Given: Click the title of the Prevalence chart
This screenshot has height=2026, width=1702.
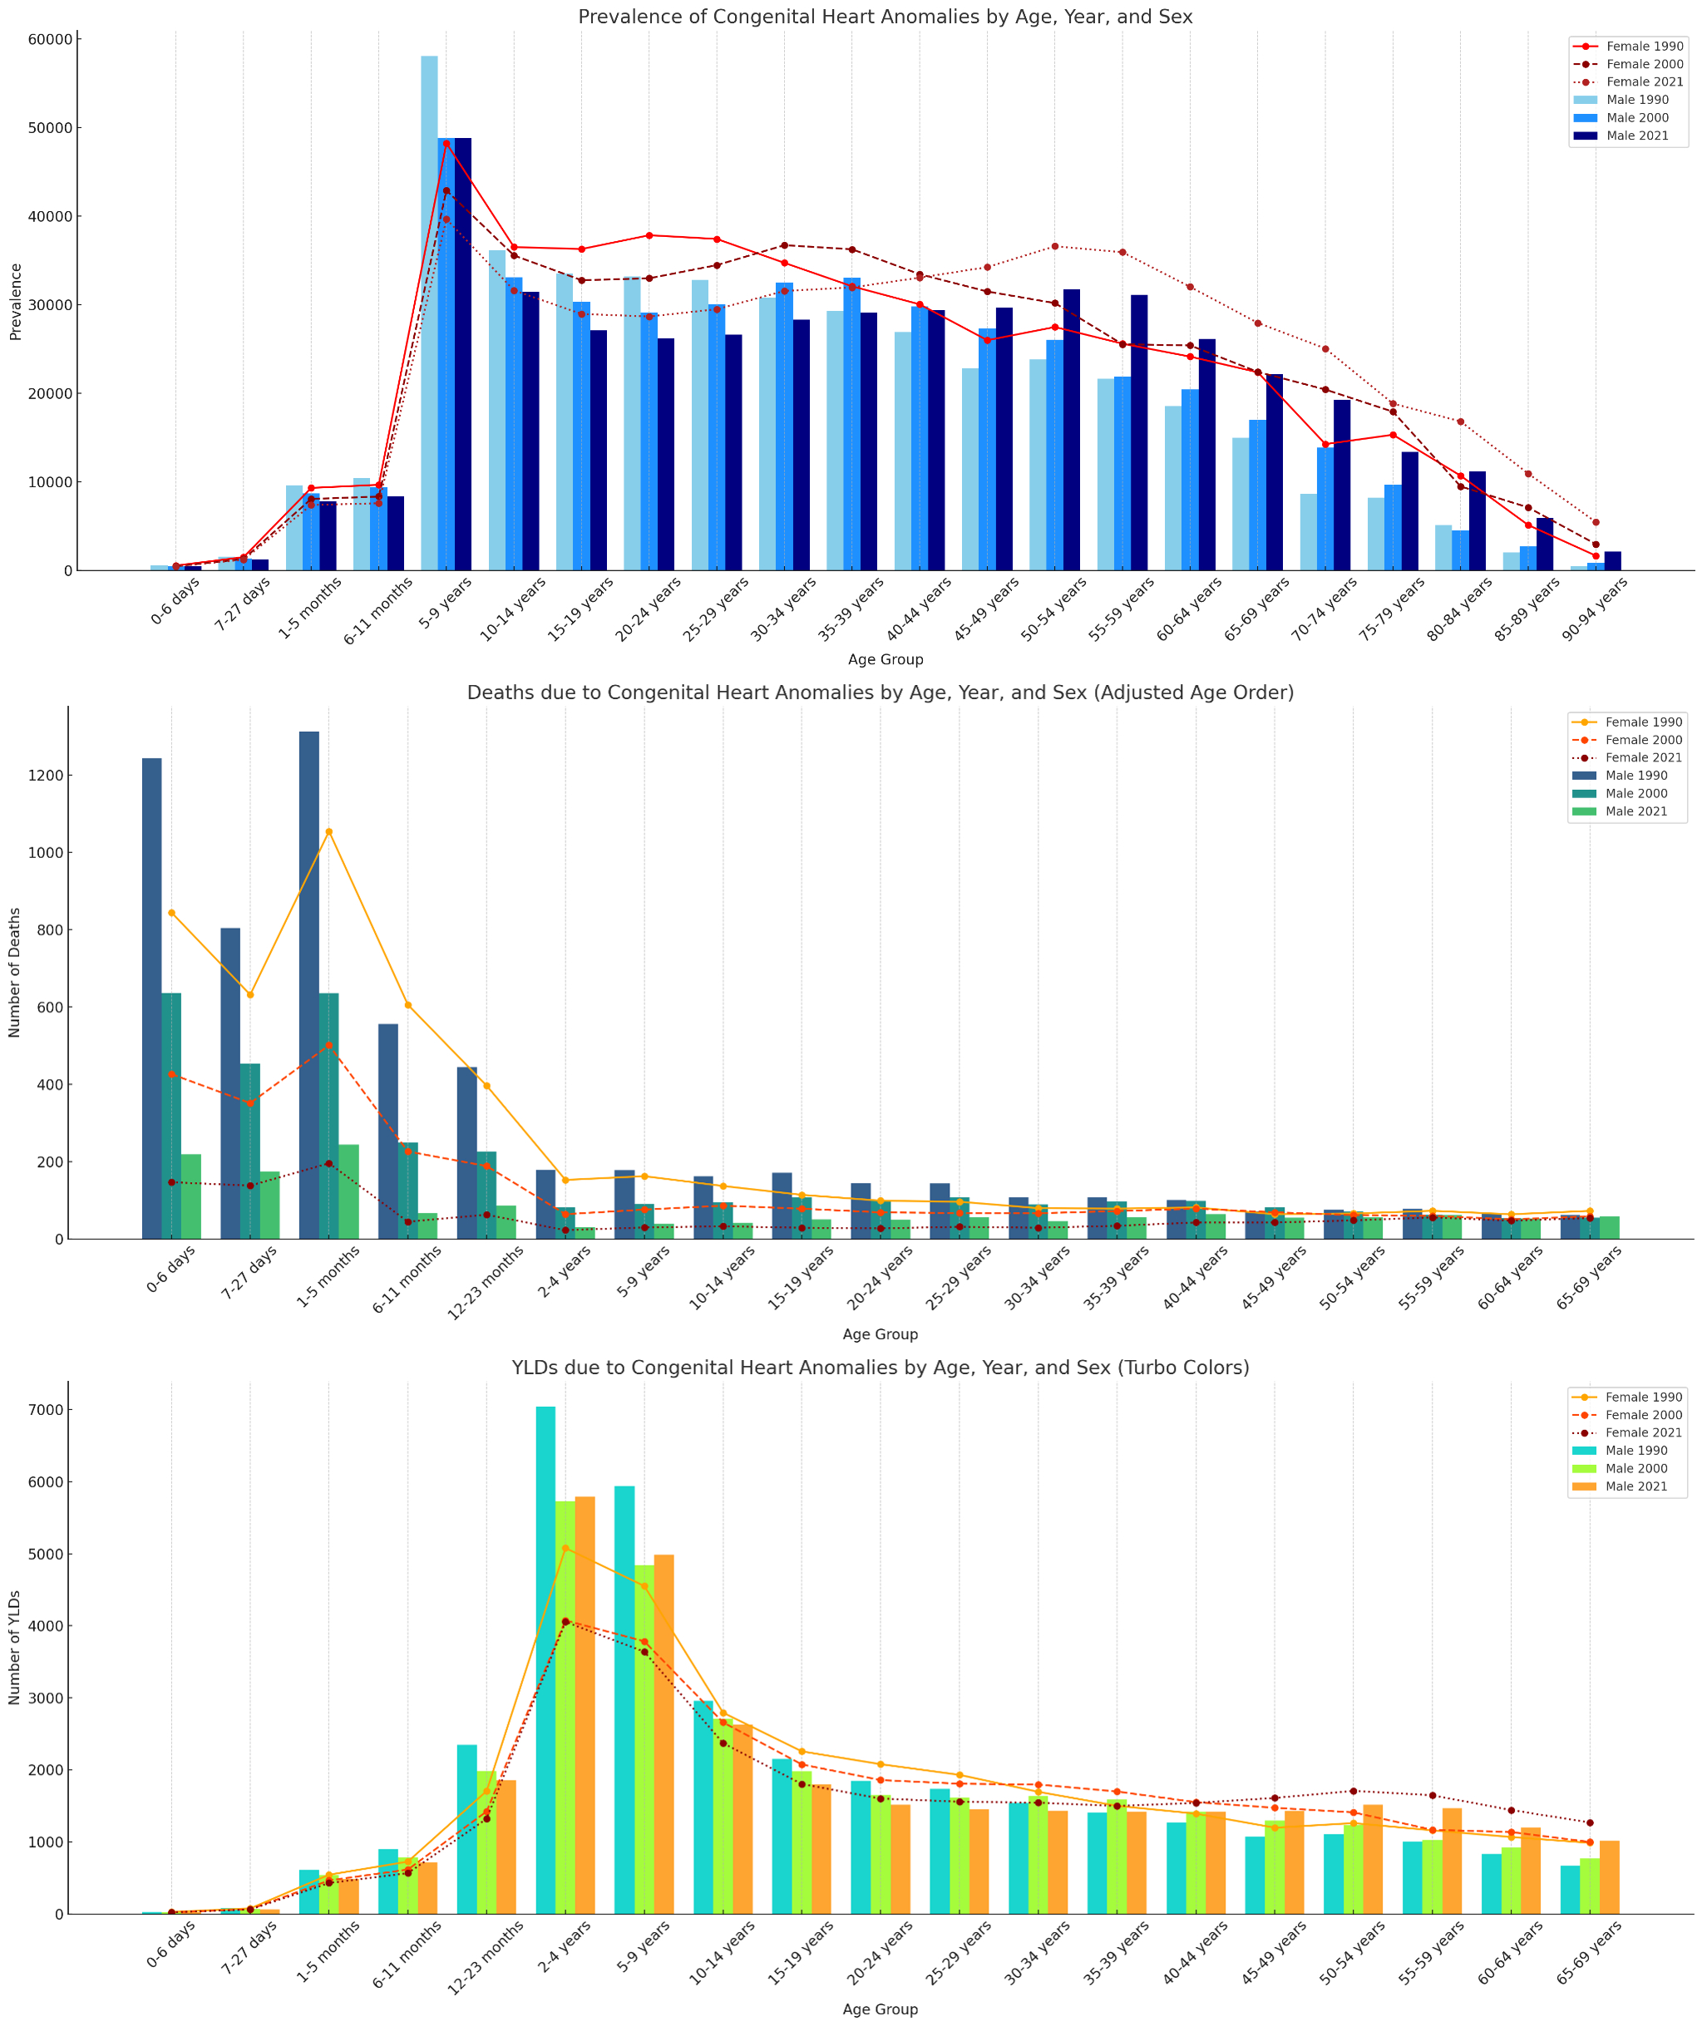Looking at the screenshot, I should pos(885,17).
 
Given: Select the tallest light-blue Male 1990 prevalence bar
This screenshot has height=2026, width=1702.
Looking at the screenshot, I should pos(428,313).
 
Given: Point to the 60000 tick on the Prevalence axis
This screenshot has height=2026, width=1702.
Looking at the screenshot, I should pos(52,40).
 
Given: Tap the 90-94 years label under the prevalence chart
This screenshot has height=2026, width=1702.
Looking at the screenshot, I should pos(1597,601).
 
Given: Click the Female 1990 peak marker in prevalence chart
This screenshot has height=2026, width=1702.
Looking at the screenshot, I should pos(446,144).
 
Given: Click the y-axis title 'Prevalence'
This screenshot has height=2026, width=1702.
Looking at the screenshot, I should pos(16,301).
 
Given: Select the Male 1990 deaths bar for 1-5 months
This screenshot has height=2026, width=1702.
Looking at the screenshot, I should pos(308,985).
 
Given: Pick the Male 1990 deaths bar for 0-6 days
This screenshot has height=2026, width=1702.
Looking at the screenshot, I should pos(151,998).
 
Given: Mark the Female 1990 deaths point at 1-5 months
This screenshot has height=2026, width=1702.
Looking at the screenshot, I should pos(329,831).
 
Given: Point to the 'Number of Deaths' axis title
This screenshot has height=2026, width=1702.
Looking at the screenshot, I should pos(16,973).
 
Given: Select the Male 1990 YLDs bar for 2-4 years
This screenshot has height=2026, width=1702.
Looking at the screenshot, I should pos(545,1660).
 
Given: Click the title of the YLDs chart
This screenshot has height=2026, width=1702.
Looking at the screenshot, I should pos(880,1368).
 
